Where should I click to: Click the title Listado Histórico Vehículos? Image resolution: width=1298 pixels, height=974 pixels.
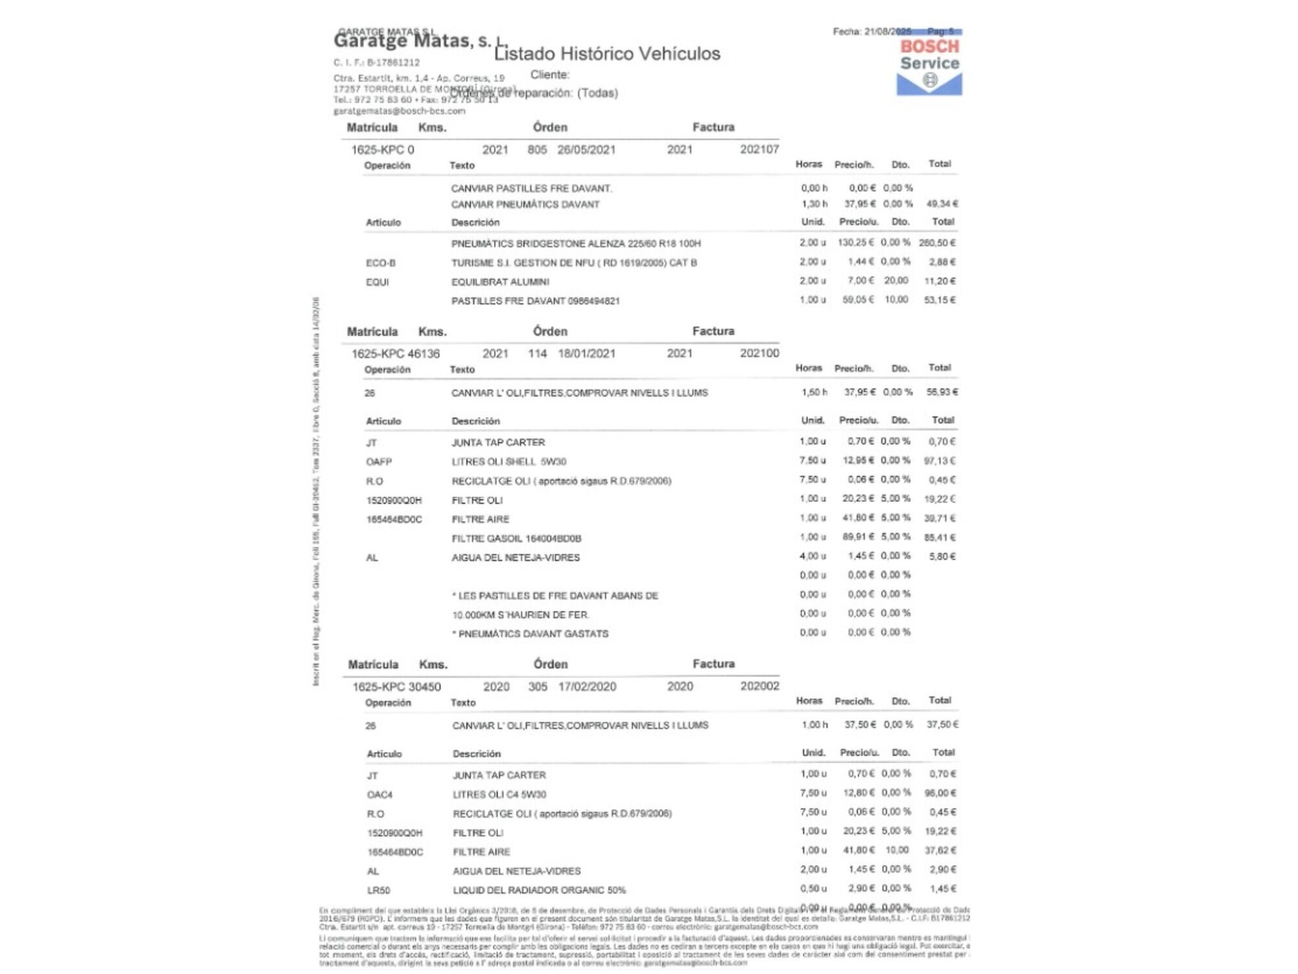[607, 54]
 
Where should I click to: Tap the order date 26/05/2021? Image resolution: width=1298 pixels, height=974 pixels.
[586, 150]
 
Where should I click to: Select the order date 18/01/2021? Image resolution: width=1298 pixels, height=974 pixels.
[586, 354]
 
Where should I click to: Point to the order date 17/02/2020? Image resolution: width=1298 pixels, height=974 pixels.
[587, 687]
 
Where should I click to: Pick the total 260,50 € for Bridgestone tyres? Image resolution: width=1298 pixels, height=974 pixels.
[937, 243]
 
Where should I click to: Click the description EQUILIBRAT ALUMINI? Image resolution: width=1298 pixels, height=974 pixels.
[500, 282]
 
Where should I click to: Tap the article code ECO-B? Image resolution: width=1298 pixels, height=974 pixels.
[380, 263]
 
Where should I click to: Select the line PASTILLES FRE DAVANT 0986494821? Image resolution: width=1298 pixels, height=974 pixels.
[535, 301]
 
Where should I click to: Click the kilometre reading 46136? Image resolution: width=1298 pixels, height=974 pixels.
[424, 354]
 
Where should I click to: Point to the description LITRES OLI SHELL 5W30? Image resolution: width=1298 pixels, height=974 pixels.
[509, 462]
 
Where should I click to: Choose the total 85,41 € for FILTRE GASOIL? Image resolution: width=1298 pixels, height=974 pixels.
[939, 538]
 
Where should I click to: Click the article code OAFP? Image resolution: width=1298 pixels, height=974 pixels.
[379, 462]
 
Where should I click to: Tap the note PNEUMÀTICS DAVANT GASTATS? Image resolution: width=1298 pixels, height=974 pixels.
[533, 634]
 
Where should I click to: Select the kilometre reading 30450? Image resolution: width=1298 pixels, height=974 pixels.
[424, 687]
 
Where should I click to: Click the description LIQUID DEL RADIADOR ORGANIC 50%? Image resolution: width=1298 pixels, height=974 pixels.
[539, 890]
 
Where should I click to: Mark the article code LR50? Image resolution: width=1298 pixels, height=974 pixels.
[378, 890]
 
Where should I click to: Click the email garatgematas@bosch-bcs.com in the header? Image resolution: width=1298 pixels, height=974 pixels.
[399, 111]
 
